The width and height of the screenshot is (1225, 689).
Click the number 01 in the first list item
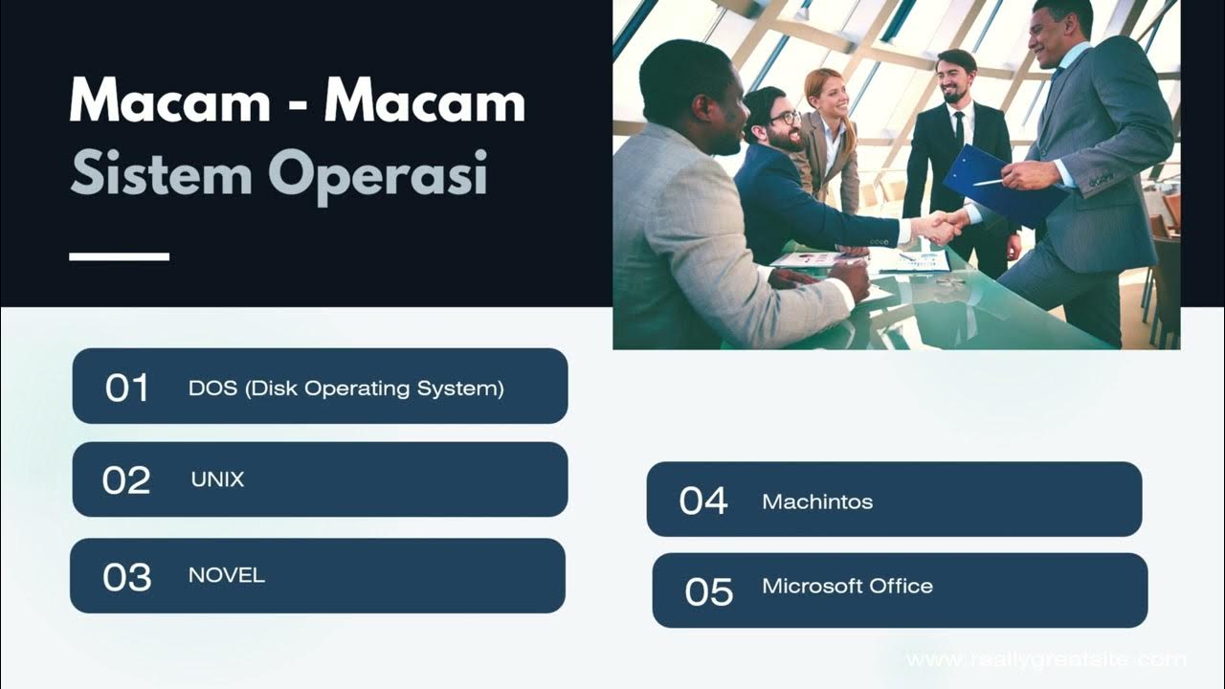tap(127, 388)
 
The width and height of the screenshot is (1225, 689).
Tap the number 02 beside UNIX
tap(126, 480)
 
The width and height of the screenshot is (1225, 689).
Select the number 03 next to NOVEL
tap(127, 577)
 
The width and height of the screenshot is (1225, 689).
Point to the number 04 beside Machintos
tap(703, 500)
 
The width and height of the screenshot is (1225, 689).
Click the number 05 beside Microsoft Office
tap(709, 591)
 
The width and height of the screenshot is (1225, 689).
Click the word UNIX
tap(218, 479)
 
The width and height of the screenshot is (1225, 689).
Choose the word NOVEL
tap(227, 575)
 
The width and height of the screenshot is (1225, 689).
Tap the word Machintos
tap(817, 501)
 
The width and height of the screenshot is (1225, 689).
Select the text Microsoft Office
tap(847, 586)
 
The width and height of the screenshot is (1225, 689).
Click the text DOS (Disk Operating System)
tap(346, 388)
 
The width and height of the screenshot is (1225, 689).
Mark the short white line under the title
tap(120, 256)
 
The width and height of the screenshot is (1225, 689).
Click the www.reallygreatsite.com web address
tap(1046, 659)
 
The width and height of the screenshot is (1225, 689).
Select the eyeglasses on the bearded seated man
tap(784, 119)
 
